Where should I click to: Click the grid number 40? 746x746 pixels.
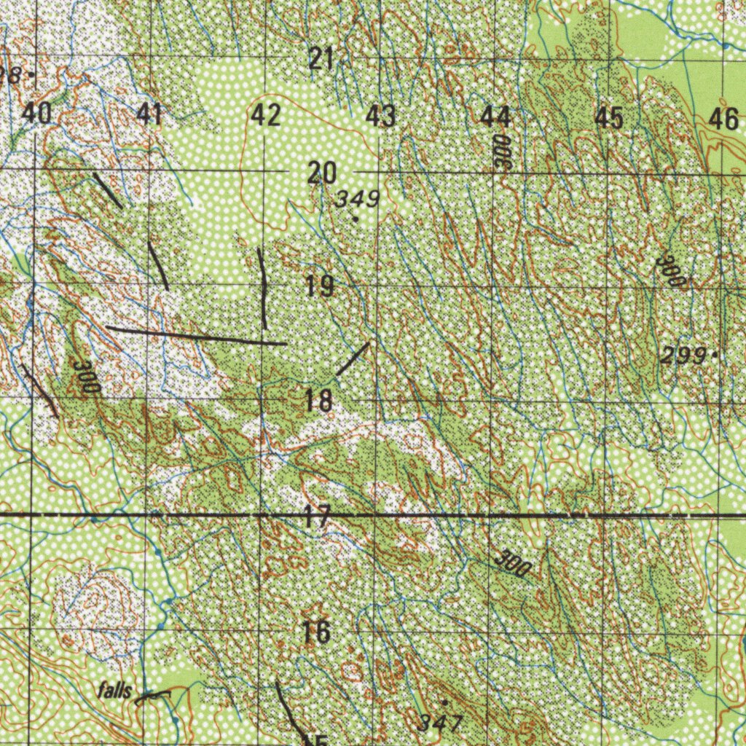tap(36, 114)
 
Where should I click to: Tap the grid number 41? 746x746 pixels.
tap(150, 114)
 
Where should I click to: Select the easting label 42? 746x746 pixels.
tap(266, 115)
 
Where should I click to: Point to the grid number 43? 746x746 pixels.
tap(380, 115)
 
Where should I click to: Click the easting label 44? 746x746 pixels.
tap(495, 115)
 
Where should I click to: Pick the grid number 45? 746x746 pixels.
tap(609, 117)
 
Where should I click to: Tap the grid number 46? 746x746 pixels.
tap(723, 118)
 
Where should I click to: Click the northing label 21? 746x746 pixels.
tap(321, 58)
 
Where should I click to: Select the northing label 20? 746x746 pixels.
tap(321, 173)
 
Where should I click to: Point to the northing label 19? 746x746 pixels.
tap(320, 286)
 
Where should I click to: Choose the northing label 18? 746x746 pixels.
tap(319, 400)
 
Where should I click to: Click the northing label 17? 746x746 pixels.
tap(318, 518)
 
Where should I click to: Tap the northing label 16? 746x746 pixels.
tap(317, 632)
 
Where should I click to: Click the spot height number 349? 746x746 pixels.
tap(358, 199)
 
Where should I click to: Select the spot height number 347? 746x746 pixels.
tap(441, 722)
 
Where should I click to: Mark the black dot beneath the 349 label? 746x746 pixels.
tap(356, 218)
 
